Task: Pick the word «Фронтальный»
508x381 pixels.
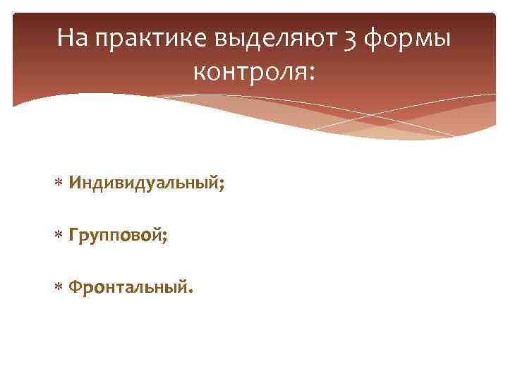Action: pyautogui.click(x=127, y=288)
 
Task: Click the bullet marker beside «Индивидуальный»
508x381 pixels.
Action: pyautogui.click(x=59, y=185)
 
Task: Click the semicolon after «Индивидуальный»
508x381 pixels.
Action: pyautogui.click(x=222, y=187)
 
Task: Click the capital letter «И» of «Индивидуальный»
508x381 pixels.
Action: pyautogui.click(x=74, y=184)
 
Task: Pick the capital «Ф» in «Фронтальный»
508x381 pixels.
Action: pyautogui.click(x=75, y=287)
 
